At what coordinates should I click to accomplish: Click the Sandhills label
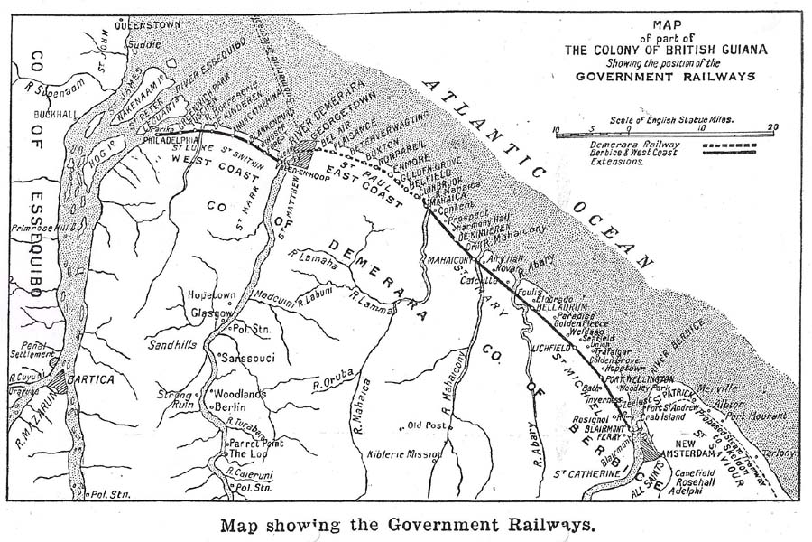172,344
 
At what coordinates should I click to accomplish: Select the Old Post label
428,425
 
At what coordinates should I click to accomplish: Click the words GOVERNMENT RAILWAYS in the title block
667,77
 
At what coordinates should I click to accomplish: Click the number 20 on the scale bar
771,127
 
